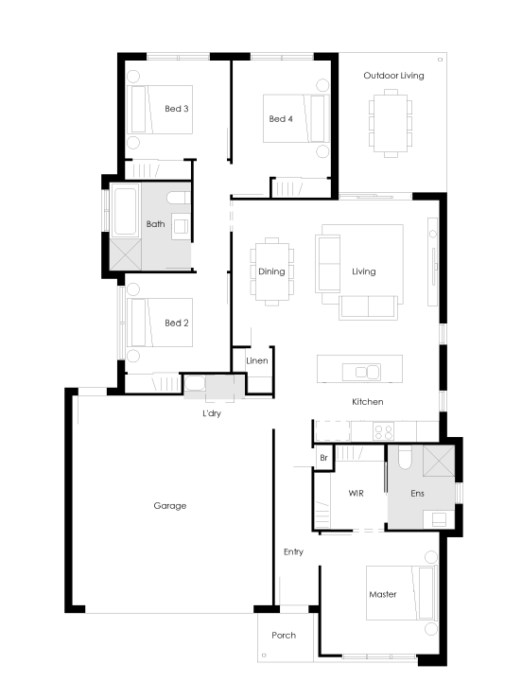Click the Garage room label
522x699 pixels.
click(x=170, y=505)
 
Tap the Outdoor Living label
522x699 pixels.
click(x=393, y=76)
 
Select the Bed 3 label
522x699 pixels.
click(x=177, y=109)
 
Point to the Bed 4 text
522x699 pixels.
click(x=281, y=118)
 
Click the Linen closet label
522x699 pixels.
click(x=257, y=360)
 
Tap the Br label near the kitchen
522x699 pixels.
click(x=323, y=458)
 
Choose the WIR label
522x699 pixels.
click(x=356, y=493)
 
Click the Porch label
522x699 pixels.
click(x=284, y=635)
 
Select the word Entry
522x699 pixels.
click(x=293, y=551)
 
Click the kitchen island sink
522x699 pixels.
click(x=361, y=372)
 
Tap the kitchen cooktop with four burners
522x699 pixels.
click(x=383, y=431)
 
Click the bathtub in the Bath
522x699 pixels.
click(x=125, y=211)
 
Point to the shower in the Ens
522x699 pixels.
click(x=439, y=461)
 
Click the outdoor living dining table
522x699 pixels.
click(x=391, y=124)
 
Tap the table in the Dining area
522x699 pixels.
click(x=272, y=271)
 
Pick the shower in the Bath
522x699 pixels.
click(x=126, y=254)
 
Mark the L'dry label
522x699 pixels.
click(x=211, y=413)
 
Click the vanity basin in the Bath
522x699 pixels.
click(x=181, y=226)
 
